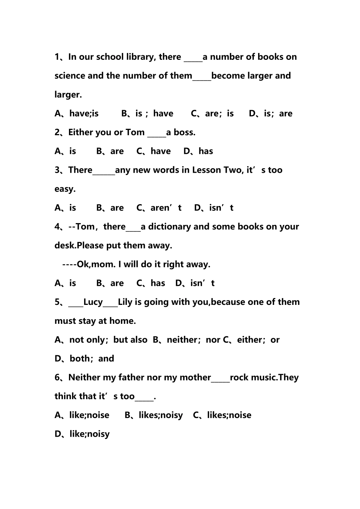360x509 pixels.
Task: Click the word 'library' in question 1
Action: pos(138,57)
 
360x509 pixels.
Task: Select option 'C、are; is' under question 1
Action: pos(212,114)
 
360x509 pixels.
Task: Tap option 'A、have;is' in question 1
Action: pos(77,114)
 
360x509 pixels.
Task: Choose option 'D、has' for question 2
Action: pos(198,151)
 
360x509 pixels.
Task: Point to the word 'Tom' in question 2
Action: pos(135,133)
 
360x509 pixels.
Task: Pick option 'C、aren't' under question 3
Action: pos(159,208)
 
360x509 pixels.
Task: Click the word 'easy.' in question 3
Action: pos(65,189)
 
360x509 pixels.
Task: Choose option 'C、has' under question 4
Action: pos(151,283)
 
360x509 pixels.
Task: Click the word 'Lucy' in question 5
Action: pos(93,302)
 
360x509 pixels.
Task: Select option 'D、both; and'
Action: pos(85,359)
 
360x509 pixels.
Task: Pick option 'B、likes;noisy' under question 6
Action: pos(154,415)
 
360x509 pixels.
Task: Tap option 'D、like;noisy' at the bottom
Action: pos(82,434)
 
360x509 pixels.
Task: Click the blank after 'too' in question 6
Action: pos(144,398)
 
